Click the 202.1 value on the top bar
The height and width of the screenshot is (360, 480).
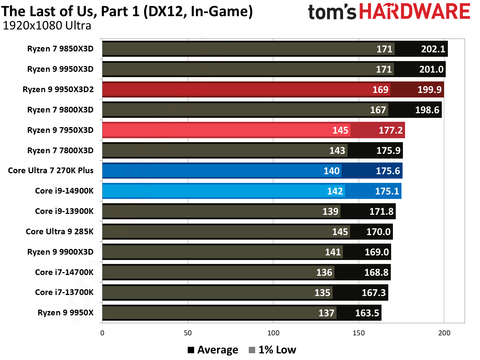(433, 49)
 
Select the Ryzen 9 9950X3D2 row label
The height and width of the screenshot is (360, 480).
(58, 89)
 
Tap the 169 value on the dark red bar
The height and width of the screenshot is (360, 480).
(380, 90)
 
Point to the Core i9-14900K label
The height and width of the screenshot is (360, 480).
(64, 191)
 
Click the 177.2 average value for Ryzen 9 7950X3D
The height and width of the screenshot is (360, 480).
(390, 130)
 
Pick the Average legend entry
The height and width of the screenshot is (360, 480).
(213, 350)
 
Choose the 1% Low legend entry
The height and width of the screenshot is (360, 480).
(273, 350)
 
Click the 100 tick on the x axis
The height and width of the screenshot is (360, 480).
(273, 333)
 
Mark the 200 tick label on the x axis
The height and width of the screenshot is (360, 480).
(444, 333)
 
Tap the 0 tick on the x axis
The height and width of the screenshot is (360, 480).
(102, 333)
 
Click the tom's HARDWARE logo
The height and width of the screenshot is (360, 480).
(389, 12)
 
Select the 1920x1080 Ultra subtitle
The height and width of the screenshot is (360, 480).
(47, 26)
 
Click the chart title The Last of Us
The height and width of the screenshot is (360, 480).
(127, 11)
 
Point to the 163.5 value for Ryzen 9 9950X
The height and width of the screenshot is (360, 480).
(367, 313)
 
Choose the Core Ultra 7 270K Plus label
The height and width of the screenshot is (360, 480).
(51, 170)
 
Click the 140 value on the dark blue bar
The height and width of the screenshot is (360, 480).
(331, 171)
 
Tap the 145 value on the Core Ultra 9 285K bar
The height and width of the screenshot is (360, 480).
(340, 232)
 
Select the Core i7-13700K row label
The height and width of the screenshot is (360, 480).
(64, 292)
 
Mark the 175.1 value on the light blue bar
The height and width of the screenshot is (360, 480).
(387, 191)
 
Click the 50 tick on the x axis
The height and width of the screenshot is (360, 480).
(188, 333)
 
